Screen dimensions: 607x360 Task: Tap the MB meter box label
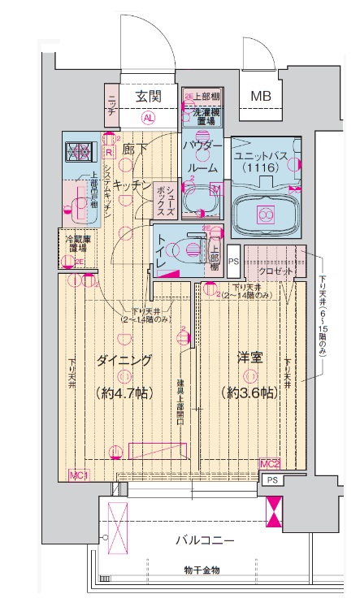click(261, 97)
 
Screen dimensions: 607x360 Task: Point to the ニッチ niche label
click(112, 105)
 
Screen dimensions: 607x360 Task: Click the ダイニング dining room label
click(124, 359)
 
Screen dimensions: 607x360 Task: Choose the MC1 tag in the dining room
click(79, 475)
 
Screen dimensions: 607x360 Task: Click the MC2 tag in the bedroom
click(270, 463)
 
